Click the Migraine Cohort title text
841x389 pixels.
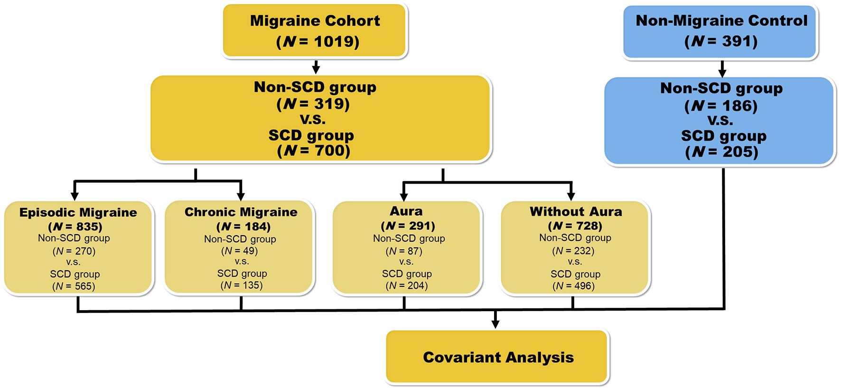coord(315,21)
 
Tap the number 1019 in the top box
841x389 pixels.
coord(336,42)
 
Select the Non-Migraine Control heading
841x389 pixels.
coord(721,20)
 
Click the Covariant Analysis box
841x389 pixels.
coord(498,357)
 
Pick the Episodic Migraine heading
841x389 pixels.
coord(78,212)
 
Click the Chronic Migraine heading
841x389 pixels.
coord(241,212)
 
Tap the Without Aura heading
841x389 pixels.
coord(576,211)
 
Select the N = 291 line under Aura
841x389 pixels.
coord(408,226)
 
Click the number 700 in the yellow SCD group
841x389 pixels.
coord(332,151)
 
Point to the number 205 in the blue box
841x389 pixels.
coord(740,152)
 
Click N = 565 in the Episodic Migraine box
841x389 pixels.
coord(74,286)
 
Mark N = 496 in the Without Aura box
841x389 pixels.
coord(574,286)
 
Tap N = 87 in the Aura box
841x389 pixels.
coord(404,251)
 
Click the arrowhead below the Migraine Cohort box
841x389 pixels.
coord(316,69)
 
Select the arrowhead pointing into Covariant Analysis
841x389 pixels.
coord(495,324)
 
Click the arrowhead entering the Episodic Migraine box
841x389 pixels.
coord(75,196)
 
